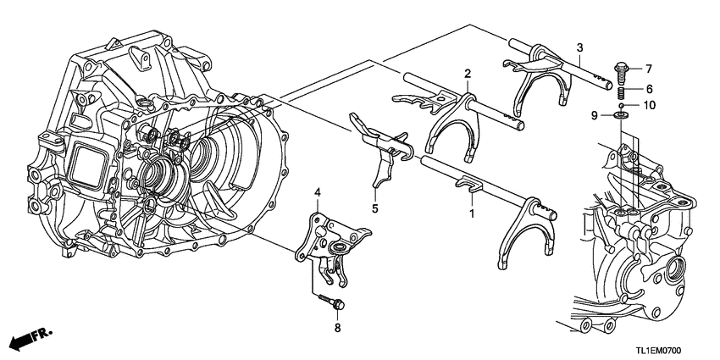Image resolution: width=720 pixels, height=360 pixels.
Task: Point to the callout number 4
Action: pyautogui.click(x=318, y=195)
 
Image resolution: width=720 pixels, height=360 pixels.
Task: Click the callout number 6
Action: pyautogui.click(x=650, y=88)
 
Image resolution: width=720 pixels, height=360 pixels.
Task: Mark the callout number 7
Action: pyautogui.click(x=650, y=67)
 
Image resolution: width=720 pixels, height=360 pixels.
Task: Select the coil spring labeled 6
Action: pyautogui.click(x=621, y=91)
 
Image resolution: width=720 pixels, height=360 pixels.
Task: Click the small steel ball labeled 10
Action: pyautogui.click(x=621, y=105)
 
